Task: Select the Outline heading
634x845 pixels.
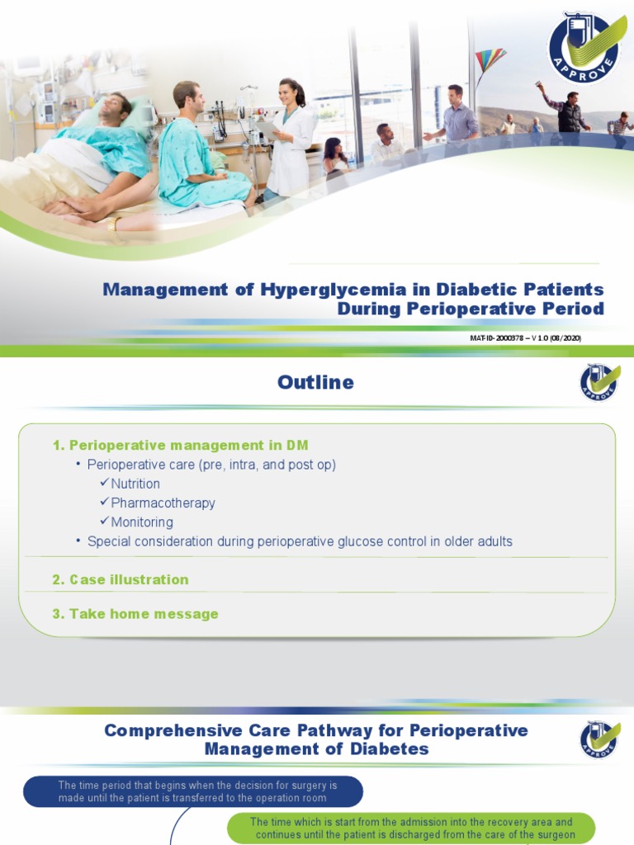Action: [315, 382]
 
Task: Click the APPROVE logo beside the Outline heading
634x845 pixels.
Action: [599, 381]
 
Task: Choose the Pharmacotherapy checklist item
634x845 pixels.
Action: [163, 503]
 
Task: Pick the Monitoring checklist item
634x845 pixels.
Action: [142, 522]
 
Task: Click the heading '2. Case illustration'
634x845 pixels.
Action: [121, 579]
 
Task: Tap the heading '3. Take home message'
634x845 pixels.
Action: [135, 614]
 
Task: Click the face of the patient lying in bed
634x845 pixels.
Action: [114, 106]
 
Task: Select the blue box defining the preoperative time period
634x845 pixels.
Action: [192, 791]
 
